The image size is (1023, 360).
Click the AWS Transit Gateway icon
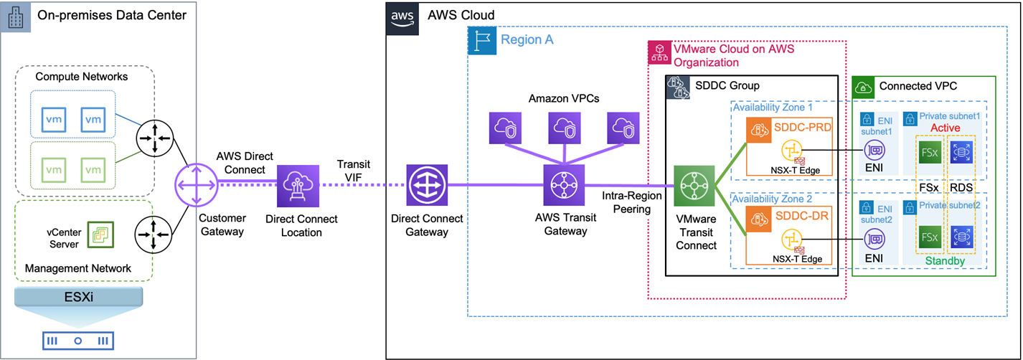tap(565, 185)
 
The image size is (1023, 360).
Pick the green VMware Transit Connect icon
tap(695, 186)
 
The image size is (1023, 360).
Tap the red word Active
tap(946, 127)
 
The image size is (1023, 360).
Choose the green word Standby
tap(946, 262)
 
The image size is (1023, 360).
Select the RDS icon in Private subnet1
tap(961, 151)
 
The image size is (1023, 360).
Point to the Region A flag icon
tap(481, 42)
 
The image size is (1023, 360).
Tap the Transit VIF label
tap(353, 169)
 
